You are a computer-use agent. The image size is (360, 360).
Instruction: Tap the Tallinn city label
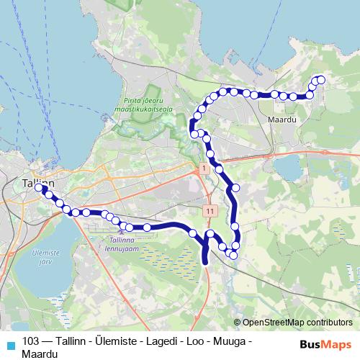[38, 184]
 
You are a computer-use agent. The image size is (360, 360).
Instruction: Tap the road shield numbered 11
[209, 211]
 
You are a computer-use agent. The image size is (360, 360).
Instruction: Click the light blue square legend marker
[9, 344]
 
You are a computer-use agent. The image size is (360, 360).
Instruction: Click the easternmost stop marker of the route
[321, 80]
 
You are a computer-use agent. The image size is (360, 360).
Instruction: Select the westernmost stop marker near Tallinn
[38, 188]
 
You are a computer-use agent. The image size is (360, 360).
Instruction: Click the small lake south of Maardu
[289, 168]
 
